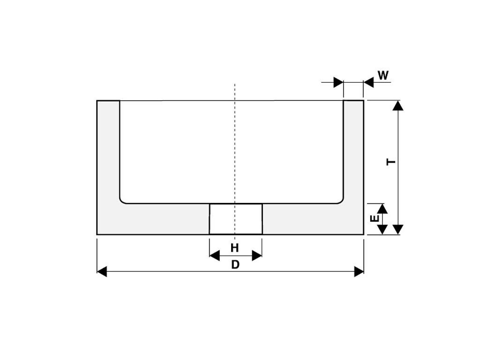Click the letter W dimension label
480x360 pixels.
(x=383, y=75)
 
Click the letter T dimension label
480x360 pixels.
(x=391, y=162)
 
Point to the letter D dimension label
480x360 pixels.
(x=235, y=265)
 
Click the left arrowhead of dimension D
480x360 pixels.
(x=102, y=271)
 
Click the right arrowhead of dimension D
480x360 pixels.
(x=359, y=271)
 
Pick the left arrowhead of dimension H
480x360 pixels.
(x=214, y=255)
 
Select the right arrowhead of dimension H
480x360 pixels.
(x=257, y=255)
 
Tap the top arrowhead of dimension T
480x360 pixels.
(x=398, y=105)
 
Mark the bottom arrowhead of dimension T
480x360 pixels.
(x=398, y=229)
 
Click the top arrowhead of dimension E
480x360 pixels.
(x=382, y=208)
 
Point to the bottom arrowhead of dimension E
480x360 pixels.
(x=382, y=229)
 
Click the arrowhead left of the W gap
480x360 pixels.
(x=338, y=82)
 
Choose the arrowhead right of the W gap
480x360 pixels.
(x=368, y=82)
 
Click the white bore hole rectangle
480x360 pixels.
(x=235, y=219)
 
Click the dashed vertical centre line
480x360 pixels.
(x=235, y=141)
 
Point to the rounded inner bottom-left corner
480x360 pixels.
(x=123, y=200)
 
